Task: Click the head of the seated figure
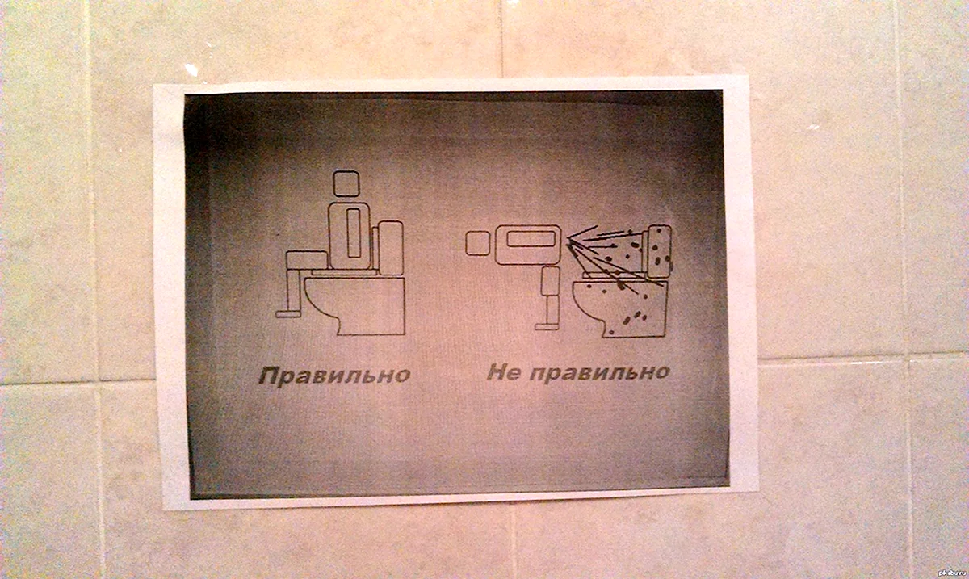pos(346,183)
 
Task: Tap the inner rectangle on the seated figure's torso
pos(354,233)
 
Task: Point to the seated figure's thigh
pos(307,260)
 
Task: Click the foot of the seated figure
pos(288,313)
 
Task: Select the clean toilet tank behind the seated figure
pos(391,248)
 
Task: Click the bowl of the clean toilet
pos(354,306)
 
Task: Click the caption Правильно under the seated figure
pos(334,376)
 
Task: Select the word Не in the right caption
pos(504,371)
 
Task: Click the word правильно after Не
pos(600,373)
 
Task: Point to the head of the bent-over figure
pos(477,243)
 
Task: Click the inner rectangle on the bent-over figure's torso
pos(531,239)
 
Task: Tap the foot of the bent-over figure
pos(546,327)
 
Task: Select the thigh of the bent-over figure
pos(551,280)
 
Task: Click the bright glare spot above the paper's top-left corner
pos(191,70)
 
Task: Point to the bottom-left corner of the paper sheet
pos(164,510)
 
